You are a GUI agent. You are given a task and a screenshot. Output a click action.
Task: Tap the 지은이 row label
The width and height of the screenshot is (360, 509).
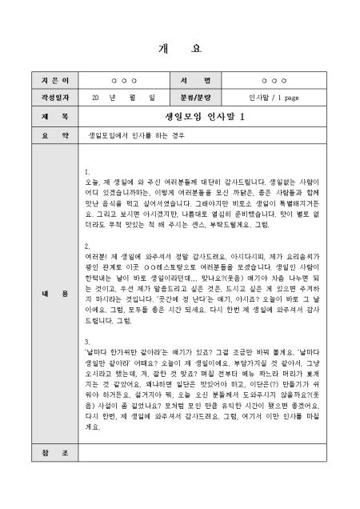[44, 81]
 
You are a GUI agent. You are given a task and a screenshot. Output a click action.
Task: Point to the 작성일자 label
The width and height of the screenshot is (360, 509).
[44, 98]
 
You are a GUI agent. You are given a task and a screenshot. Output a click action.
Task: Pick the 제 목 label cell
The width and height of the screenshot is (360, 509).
[44, 117]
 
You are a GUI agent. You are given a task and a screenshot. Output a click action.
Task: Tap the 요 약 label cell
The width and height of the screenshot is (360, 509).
[44, 135]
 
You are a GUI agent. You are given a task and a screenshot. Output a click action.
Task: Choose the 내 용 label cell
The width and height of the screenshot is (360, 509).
[44, 294]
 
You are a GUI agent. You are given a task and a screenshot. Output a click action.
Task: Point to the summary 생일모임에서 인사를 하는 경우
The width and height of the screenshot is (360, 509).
[137, 135]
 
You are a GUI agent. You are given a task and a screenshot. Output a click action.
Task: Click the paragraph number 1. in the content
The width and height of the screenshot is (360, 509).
[86, 172]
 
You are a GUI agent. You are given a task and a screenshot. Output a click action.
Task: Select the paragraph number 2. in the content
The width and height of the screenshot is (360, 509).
[86, 246]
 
